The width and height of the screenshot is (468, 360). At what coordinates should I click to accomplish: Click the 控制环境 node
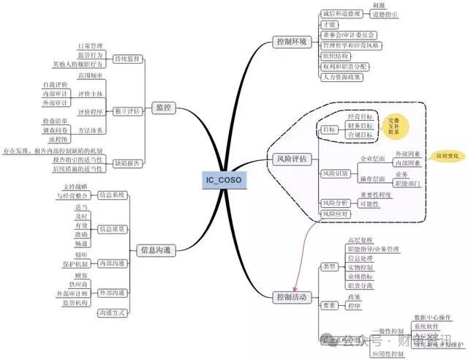(290, 41)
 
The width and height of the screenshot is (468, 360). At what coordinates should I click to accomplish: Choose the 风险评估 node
(290, 158)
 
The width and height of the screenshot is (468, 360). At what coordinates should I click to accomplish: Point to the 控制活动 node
(290, 297)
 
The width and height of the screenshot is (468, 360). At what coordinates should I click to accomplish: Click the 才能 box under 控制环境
(328, 24)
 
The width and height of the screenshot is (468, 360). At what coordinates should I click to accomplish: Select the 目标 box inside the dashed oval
(329, 130)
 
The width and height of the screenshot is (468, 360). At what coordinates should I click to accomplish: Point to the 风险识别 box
(335, 173)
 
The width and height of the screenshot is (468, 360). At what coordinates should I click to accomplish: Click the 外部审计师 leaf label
(72, 293)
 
